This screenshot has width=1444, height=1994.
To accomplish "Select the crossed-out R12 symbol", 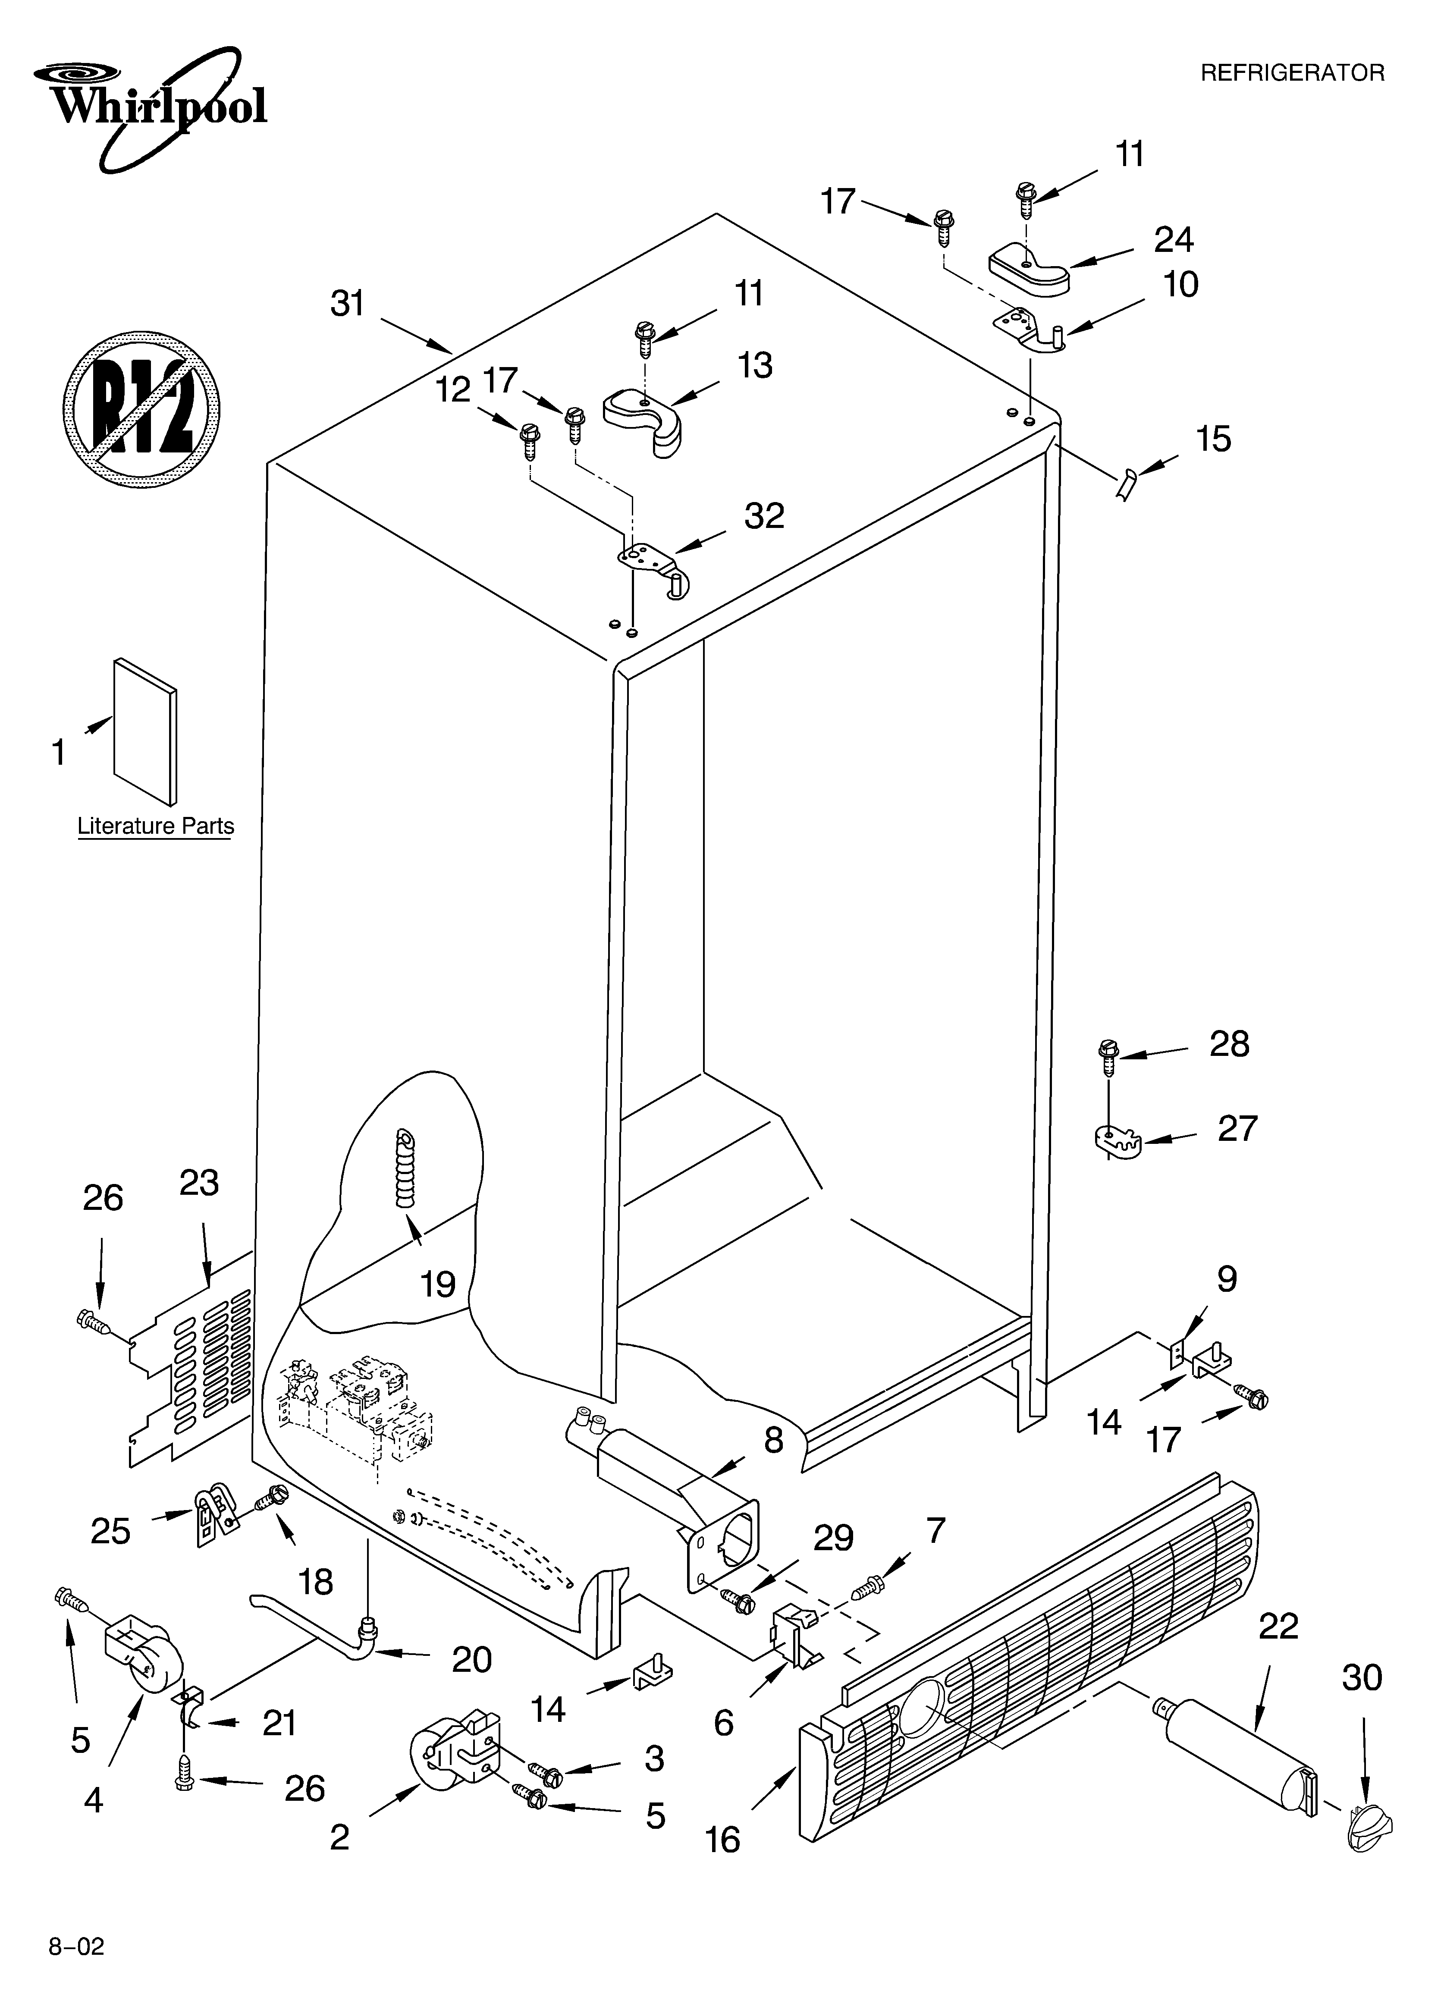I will (141, 409).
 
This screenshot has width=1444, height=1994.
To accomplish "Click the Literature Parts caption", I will (156, 826).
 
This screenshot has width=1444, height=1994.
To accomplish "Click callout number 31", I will (347, 303).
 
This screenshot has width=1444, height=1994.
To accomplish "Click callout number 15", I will (1214, 439).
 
